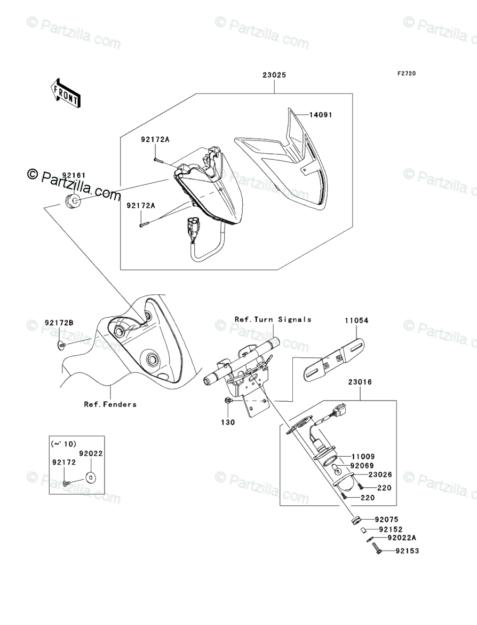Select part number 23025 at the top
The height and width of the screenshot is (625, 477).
274,75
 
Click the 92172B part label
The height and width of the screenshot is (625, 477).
59,323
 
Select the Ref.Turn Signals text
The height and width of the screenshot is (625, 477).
273,319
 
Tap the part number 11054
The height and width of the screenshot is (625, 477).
356,321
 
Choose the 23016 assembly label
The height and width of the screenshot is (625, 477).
360,382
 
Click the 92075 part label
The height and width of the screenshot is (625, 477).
386,519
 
